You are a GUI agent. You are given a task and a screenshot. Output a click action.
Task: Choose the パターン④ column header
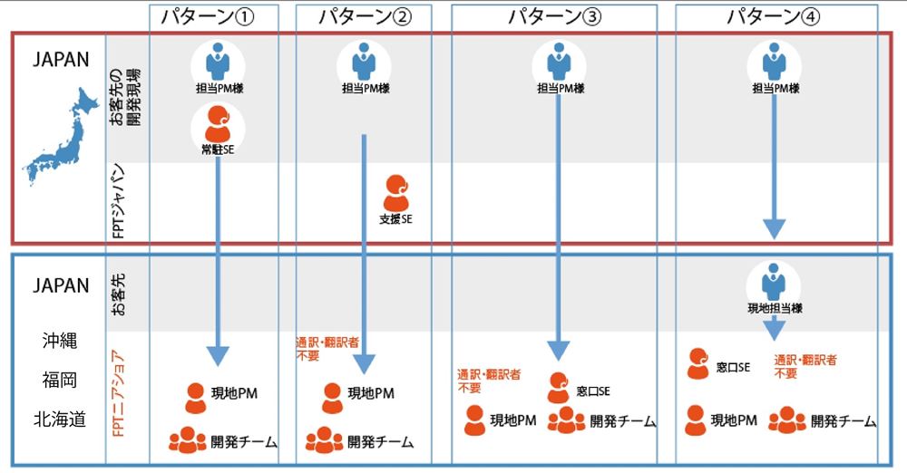775,16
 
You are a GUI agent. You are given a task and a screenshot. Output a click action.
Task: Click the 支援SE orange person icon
396,192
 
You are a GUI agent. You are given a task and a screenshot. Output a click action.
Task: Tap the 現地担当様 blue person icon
774,282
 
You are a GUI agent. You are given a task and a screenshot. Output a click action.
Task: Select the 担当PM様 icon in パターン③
559,64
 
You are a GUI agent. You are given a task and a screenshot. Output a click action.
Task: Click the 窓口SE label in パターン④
733,367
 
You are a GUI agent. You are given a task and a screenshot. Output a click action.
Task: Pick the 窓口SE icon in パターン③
559,387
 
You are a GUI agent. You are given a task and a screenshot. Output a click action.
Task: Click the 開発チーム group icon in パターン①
187,440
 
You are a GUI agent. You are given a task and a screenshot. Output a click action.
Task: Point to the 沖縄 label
60,342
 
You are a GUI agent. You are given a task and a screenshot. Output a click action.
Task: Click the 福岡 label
60,381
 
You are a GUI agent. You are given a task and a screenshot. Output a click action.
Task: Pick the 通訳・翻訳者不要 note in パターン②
320,350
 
